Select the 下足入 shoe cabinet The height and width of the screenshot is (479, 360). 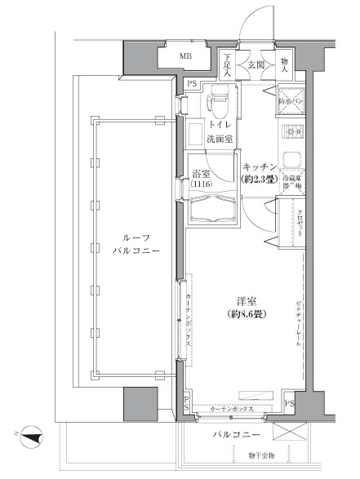tap(227, 64)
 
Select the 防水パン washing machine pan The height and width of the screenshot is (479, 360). tap(291, 100)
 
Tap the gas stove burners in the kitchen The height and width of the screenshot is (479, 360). tap(291, 133)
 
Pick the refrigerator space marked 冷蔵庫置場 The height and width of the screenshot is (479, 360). tap(291, 181)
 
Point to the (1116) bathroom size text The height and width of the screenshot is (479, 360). tap(201, 186)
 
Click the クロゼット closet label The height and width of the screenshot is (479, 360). tap(300, 223)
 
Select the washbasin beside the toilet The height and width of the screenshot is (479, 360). tap(196, 132)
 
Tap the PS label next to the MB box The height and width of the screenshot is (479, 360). tap(192, 83)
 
